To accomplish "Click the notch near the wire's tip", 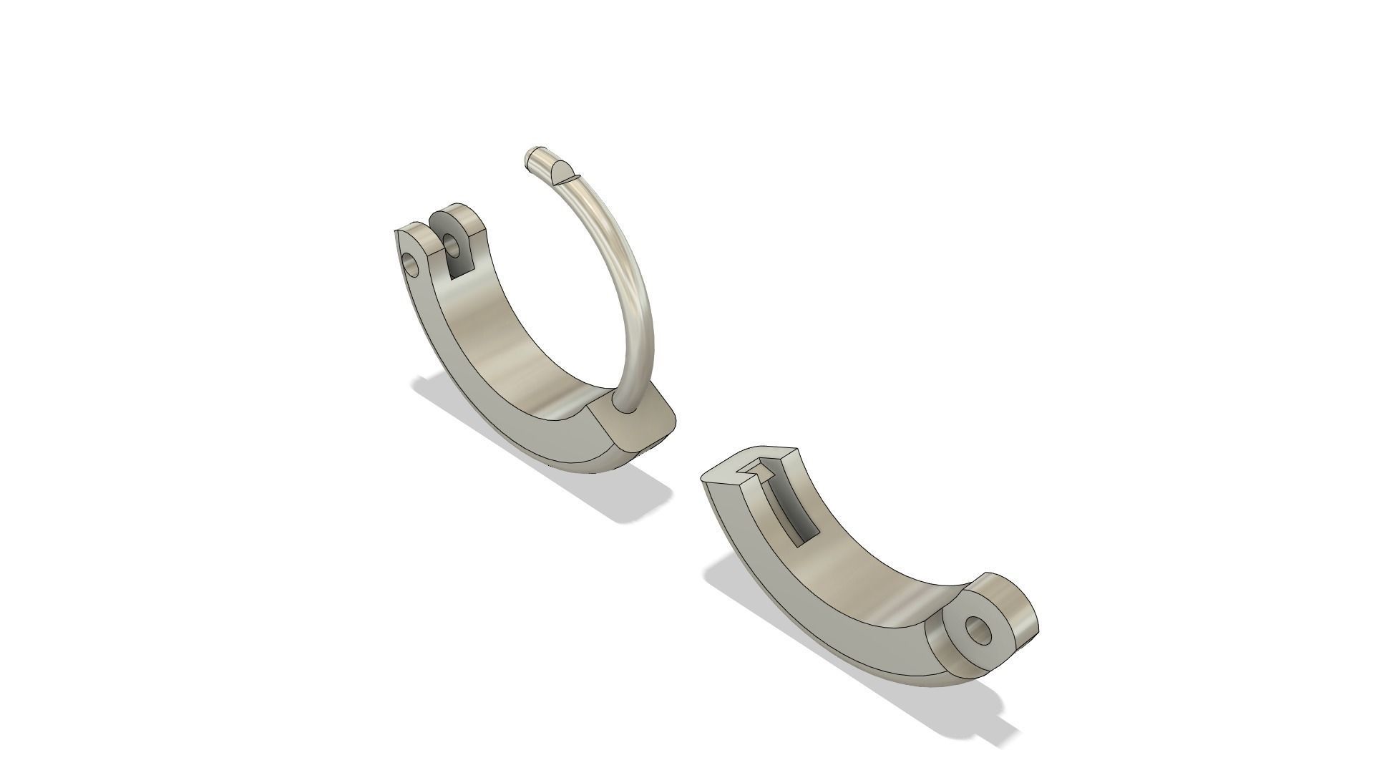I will (x=562, y=172).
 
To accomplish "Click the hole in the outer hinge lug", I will (x=411, y=264).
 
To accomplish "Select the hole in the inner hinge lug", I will (x=452, y=245).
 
